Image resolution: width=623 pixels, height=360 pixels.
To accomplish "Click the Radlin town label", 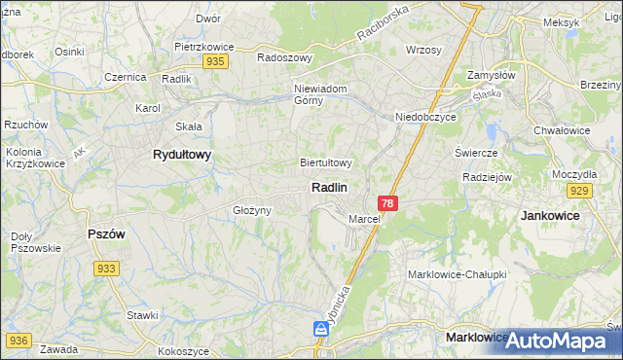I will coord(330,186).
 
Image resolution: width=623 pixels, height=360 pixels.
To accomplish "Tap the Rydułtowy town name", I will coord(182,154).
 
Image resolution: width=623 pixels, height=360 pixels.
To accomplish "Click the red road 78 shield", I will coord(388,202).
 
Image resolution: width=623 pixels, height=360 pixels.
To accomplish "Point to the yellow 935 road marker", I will coord(216,61).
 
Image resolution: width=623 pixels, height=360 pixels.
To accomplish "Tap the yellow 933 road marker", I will coord(107,268).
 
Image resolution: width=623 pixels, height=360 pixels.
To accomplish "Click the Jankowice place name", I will coord(550,214).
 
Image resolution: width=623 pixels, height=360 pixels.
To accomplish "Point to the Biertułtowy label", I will coord(326,162).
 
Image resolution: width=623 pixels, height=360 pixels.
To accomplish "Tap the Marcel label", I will coord(363,219).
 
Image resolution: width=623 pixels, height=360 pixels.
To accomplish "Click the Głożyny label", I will coord(250,209).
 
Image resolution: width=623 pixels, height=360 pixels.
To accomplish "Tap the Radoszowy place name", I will coord(284,57).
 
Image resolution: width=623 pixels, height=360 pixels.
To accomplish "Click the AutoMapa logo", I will coord(557,341).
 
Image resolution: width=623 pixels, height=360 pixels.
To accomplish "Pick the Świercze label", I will coord(476,153).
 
